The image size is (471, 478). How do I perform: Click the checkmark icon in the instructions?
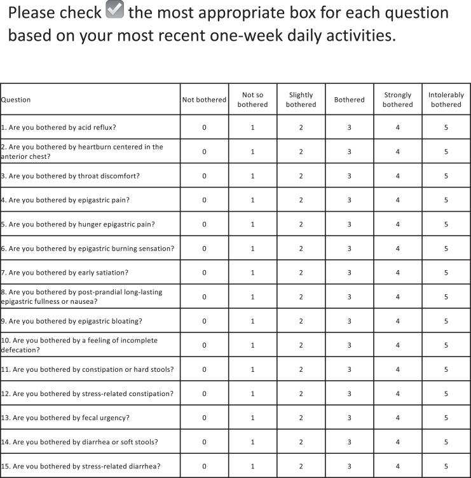click(x=114, y=12)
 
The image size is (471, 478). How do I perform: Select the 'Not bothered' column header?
click(x=204, y=100)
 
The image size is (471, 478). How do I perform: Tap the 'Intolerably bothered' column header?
click(x=446, y=100)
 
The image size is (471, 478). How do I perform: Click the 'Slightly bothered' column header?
click(x=301, y=100)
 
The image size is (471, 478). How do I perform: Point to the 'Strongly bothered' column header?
click(x=398, y=100)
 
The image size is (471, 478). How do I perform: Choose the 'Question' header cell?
click(x=16, y=100)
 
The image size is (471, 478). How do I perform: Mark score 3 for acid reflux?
click(x=350, y=128)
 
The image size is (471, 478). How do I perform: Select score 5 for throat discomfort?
click(x=446, y=176)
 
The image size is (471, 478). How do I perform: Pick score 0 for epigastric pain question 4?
click(x=204, y=200)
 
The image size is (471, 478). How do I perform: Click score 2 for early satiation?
click(x=301, y=273)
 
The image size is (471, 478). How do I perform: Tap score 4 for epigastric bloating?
click(x=398, y=321)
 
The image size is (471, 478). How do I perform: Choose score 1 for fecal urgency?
click(x=252, y=418)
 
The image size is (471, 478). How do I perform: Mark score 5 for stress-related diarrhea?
click(x=446, y=466)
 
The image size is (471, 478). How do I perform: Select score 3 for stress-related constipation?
click(x=350, y=393)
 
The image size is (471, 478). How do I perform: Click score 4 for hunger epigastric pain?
click(x=398, y=224)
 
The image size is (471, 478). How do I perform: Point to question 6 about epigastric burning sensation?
click(x=88, y=249)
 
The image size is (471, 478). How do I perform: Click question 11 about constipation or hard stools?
click(x=88, y=369)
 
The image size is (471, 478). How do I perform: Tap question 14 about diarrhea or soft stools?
click(x=79, y=442)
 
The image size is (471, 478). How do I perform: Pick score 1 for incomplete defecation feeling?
click(x=252, y=345)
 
